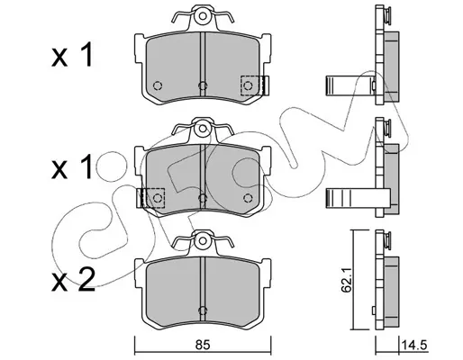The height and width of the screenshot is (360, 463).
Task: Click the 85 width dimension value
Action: (203, 346)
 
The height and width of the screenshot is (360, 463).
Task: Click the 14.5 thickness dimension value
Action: (414, 346)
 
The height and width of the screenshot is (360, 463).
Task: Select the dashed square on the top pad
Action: (250, 85)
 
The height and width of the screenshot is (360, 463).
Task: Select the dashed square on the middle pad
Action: (155, 198)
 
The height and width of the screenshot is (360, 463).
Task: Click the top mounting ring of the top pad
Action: (203, 15)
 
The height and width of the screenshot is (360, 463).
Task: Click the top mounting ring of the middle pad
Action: (203, 129)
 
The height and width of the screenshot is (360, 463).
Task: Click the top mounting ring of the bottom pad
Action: (203, 240)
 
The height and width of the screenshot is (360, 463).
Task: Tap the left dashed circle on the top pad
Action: (158, 85)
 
